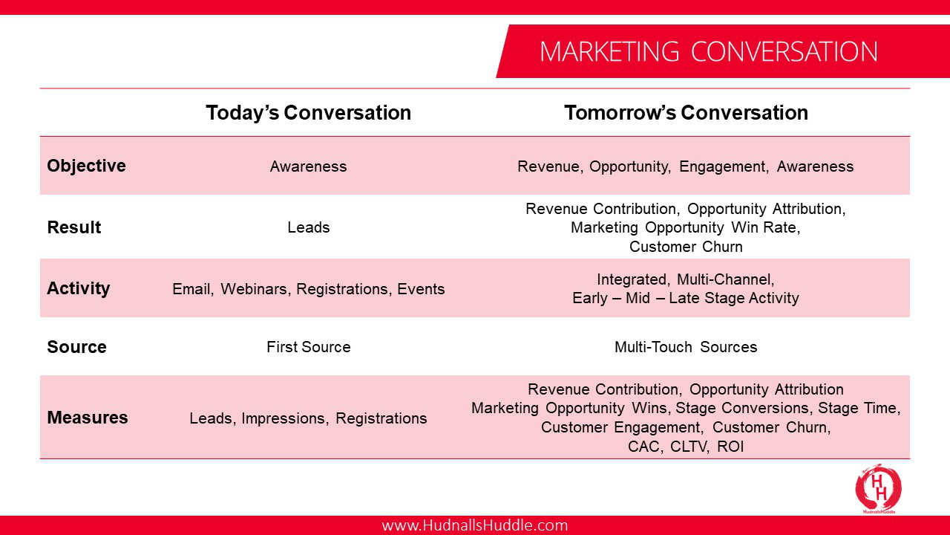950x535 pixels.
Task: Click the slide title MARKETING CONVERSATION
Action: (708, 52)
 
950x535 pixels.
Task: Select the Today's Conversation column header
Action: (308, 113)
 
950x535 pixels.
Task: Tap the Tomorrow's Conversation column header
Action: (686, 113)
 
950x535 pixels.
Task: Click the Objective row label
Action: (86, 166)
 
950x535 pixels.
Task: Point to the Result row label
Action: (73, 227)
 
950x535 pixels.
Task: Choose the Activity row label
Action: (78, 289)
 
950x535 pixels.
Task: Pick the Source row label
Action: (76, 347)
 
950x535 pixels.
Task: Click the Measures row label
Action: (88, 418)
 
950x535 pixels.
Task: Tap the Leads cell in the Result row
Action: (308, 227)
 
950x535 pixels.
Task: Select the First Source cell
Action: (308, 347)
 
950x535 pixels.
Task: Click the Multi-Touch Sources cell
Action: (686, 347)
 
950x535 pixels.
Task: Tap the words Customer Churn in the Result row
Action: (686, 246)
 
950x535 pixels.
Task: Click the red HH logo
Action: (878, 488)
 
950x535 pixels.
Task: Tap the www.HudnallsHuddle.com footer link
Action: (474, 525)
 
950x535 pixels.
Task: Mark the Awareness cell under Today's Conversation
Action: (308, 166)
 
